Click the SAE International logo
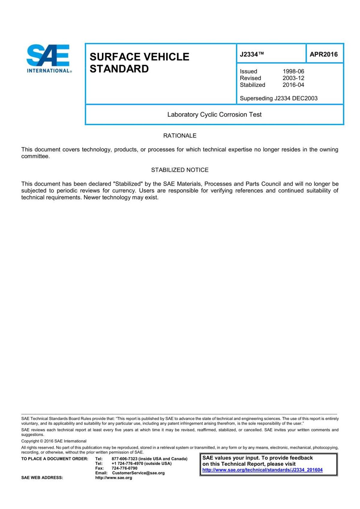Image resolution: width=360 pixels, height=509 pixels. [49, 59]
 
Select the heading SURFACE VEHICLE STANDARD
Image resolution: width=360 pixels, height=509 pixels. [139, 63]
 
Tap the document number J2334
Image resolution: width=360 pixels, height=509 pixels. [251, 54]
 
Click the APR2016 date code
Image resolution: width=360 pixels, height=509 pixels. [323, 54]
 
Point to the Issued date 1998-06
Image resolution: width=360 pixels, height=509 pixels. [293, 71]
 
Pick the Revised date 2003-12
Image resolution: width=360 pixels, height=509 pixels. [293, 78]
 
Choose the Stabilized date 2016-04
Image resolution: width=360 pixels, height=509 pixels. [293, 85]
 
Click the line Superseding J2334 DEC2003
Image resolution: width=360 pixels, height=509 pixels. [278, 98]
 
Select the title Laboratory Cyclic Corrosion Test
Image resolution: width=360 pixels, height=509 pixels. [214, 115]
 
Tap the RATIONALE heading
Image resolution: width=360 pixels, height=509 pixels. [180, 136]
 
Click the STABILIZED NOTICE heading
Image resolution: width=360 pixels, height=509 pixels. [180, 170]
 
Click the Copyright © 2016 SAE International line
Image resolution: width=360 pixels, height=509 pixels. [54, 441]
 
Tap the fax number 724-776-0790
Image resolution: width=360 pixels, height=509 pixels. [124, 468]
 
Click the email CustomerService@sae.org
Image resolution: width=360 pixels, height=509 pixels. [138, 473]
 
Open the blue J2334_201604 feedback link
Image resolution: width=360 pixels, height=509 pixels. [262, 470]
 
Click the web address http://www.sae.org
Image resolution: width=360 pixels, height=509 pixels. [113, 478]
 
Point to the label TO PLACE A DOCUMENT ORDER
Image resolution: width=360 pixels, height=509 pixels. [55, 459]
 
